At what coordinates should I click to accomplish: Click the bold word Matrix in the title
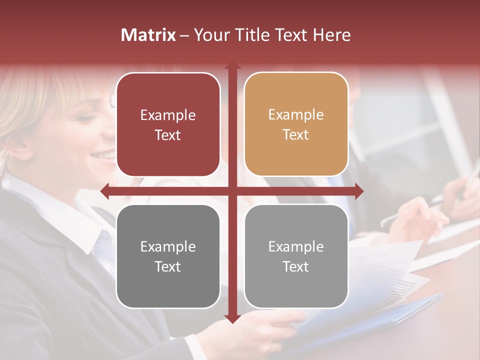click(148, 35)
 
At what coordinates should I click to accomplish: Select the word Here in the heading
click(331, 35)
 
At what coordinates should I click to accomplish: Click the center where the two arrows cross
click(232, 191)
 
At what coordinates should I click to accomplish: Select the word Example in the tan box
click(296, 115)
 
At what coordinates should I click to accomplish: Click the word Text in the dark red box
click(168, 135)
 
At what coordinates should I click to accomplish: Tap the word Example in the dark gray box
click(168, 246)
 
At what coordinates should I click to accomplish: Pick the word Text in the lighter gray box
click(296, 267)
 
